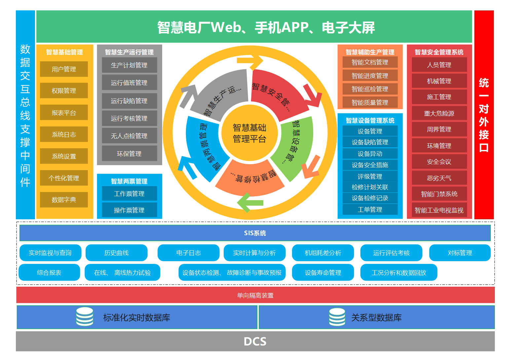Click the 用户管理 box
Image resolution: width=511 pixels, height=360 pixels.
click(64, 69)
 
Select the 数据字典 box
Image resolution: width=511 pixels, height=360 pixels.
click(64, 199)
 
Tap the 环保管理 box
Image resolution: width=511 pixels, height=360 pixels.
click(129, 154)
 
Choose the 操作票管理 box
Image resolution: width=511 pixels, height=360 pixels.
click(129, 210)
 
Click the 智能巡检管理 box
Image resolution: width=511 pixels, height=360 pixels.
click(370, 89)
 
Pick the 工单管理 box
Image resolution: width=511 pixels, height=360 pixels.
click(370, 209)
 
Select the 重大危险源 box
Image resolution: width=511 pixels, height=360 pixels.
click(439, 113)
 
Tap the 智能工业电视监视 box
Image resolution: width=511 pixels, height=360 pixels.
click(439, 210)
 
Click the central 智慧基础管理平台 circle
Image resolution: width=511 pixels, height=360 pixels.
click(249, 133)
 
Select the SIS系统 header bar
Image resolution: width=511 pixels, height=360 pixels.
click(255, 233)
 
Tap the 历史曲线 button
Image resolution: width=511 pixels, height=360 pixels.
click(116, 253)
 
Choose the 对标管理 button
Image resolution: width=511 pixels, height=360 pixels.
click(460, 253)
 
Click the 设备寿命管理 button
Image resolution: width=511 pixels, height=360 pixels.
click(323, 272)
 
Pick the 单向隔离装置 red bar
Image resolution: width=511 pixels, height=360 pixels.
click(255, 295)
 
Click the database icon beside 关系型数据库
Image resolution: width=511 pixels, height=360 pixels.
click(337, 317)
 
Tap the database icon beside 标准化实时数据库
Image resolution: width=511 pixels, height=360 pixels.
click(85, 317)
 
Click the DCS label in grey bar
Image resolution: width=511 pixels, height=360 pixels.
click(255, 342)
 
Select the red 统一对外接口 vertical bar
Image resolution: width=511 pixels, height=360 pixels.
click(484, 115)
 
